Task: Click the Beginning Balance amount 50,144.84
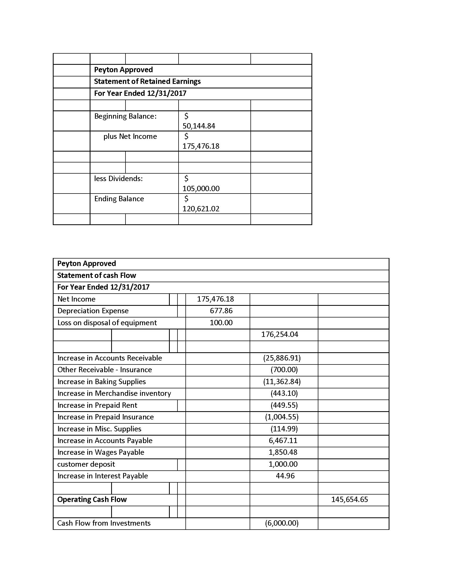(x=198, y=126)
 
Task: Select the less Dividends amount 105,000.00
(x=201, y=188)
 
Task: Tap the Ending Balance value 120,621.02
(x=201, y=209)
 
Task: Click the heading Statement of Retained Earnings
(x=147, y=81)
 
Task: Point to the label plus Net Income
(x=130, y=136)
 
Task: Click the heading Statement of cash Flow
(x=97, y=276)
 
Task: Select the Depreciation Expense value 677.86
(x=221, y=311)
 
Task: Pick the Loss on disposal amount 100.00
(x=221, y=323)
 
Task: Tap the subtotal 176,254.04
(x=279, y=334)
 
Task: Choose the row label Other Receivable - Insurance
(x=105, y=370)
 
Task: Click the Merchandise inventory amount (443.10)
(x=284, y=393)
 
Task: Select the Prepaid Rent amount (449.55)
(x=284, y=405)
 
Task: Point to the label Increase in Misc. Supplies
(x=99, y=429)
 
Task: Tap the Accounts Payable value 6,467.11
(x=283, y=440)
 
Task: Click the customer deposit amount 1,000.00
(x=283, y=464)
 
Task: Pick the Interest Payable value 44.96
(x=285, y=476)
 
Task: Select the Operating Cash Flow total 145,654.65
(x=349, y=499)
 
